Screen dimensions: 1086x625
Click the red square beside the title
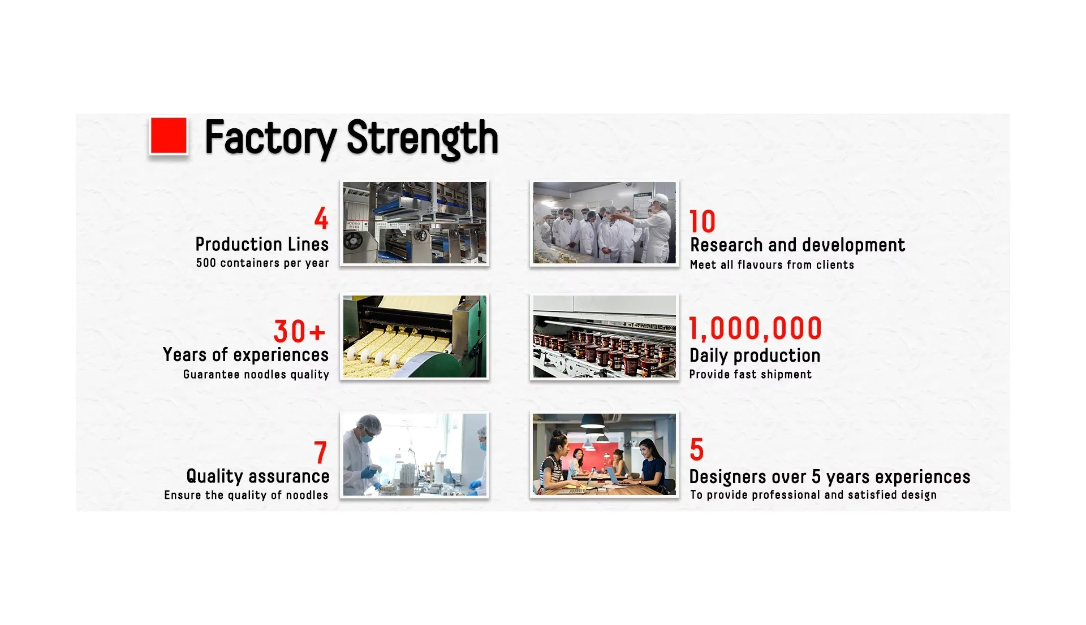(x=169, y=136)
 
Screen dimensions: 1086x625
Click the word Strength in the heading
(x=422, y=138)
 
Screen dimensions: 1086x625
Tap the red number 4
(x=321, y=218)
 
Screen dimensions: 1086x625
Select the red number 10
(x=703, y=222)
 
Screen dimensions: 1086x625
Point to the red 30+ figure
(x=300, y=331)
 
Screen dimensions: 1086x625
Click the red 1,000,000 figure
(x=755, y=328)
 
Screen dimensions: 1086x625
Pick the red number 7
(x=321, y=452)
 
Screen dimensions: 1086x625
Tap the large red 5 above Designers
(x=697, y=450)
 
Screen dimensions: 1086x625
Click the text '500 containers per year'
(x=262, y=263)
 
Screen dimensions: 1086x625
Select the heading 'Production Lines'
(x=262, y=244)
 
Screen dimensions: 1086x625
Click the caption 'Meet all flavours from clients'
(x=772, y=264)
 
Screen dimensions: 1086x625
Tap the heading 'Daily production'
(x=755, y=355)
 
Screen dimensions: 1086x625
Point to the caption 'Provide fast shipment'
(x=751, y=374)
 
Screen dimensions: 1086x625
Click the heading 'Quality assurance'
(x=258, y=476)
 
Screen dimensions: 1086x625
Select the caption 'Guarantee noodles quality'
(x=256, y=374)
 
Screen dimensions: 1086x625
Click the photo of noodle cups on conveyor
(x=604, y=336)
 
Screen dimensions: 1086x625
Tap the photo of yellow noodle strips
(x=415, y=336)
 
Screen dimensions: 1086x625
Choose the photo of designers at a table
(x=604, y=455)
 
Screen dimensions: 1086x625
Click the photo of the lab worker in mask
(x=415, y=455)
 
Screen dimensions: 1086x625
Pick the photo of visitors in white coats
(x=604, y=223)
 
